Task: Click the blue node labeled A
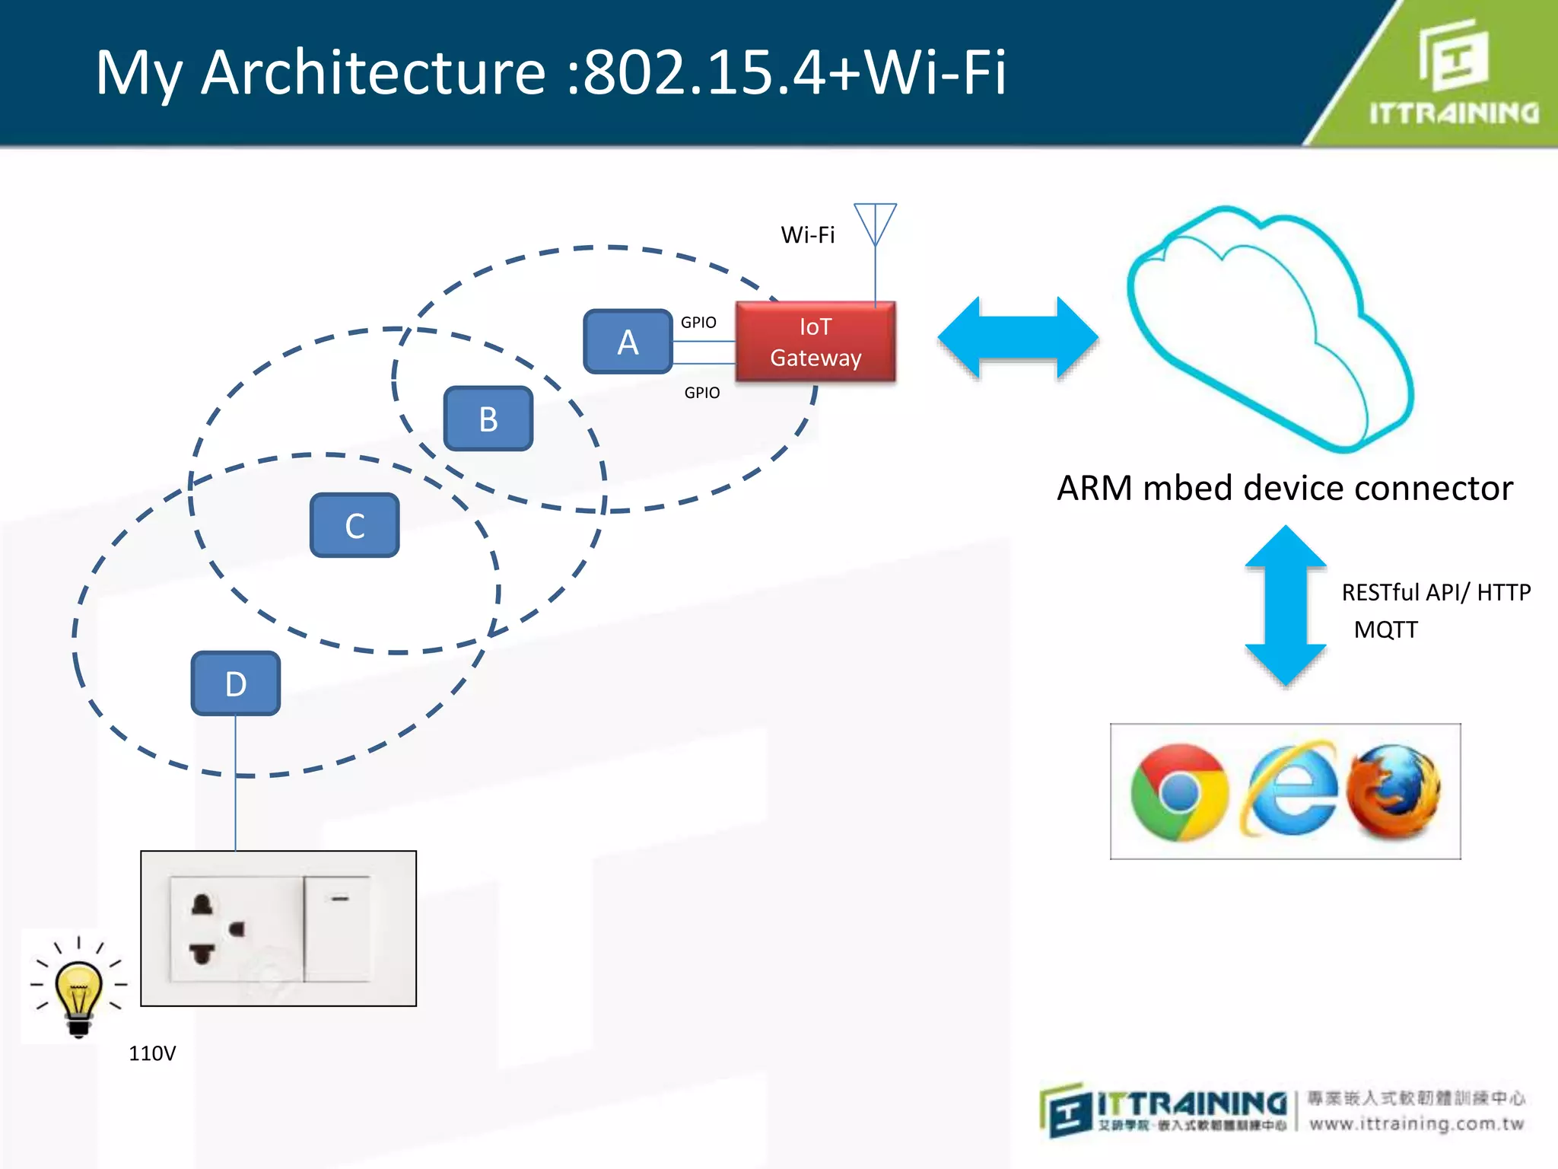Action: (x=628, y=342)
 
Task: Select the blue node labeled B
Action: (x=488, y=419)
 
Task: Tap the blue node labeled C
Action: (x=355, y=525)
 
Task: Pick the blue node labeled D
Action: (x=235, y=683)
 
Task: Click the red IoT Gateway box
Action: (x=816, y=342)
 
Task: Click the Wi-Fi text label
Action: (x=807, y=234)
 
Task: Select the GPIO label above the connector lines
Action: (x=698, y=323)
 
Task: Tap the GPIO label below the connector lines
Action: (x=701, y=393)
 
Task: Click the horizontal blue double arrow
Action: (x=1018, y=338)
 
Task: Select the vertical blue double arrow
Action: (x=1286, y=606)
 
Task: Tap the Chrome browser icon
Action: (x=1178, y=792)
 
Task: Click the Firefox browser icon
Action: (x=1394, y=792)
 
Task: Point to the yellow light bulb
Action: (x=78, y=989)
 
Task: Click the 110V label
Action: (x=152, y=1053)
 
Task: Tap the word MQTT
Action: (x=1385, y=630)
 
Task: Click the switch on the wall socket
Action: (x=338, y=929)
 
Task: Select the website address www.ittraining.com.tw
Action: (x=1417, y=1123)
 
